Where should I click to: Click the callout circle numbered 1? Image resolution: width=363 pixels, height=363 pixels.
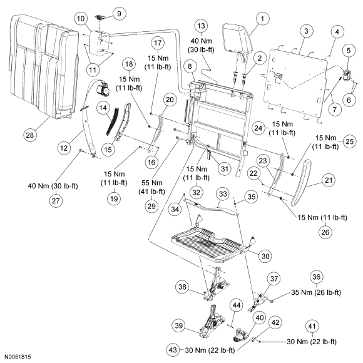coord(262,19)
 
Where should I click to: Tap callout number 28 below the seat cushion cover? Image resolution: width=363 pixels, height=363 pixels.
coord(30,135)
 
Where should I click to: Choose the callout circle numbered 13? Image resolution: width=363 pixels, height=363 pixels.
coord(201,26)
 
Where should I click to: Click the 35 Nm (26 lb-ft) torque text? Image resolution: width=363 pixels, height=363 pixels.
coord(316,292)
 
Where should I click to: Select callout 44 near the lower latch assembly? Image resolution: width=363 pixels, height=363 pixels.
coord(237,305)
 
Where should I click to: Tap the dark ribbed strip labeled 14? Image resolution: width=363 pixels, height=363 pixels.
coord(112,121)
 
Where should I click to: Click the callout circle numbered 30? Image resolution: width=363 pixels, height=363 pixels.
coord(265,256)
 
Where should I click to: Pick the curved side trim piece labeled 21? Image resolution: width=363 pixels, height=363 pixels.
coord(300,182)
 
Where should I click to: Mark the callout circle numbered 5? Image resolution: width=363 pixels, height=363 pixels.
coord(349,51)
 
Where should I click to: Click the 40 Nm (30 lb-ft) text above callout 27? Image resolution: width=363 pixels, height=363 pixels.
coord(53,186)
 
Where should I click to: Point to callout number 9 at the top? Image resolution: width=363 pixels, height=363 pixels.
coord(119,14)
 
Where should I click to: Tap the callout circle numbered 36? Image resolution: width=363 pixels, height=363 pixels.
coord(316,277)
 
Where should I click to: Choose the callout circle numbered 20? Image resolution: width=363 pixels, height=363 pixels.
coord(170,100)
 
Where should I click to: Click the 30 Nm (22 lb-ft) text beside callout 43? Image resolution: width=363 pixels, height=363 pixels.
coord(210,350)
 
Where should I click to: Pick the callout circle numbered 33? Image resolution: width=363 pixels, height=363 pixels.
coord(223,194)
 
